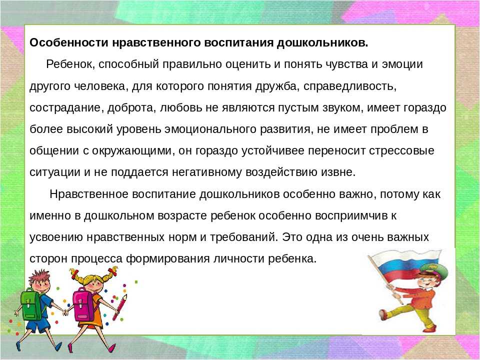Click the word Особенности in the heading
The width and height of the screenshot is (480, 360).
point(69,42)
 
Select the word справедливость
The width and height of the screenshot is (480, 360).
point(350,86)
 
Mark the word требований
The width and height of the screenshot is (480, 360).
point(244,237)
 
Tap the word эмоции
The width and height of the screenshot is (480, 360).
point(402,64)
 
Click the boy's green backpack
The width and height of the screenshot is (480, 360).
point(31,304)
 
